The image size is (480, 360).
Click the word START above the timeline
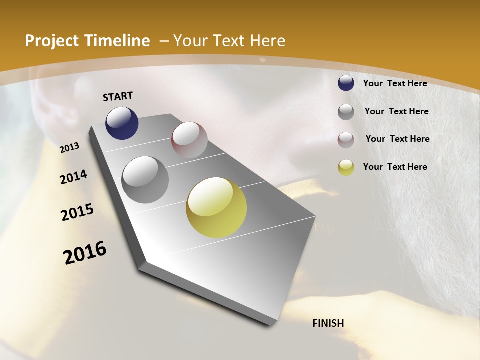118,96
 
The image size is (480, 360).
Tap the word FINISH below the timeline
328,323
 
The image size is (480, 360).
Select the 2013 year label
70,147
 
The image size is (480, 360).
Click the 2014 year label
73,177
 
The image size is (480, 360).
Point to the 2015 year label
77,212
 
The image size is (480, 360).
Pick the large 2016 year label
85,253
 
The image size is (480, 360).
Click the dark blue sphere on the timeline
122,123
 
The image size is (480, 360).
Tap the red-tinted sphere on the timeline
189,140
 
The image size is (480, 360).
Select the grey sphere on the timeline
145,179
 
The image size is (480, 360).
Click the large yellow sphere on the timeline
216,207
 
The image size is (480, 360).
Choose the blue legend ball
346,83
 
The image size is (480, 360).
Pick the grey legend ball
346,112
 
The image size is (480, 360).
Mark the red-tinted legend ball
346,140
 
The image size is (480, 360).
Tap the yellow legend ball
346,167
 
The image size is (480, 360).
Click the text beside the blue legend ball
395,83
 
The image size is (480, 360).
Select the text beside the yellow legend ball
395,167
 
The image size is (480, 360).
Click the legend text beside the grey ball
396,111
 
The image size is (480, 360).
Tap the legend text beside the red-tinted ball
397,139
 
